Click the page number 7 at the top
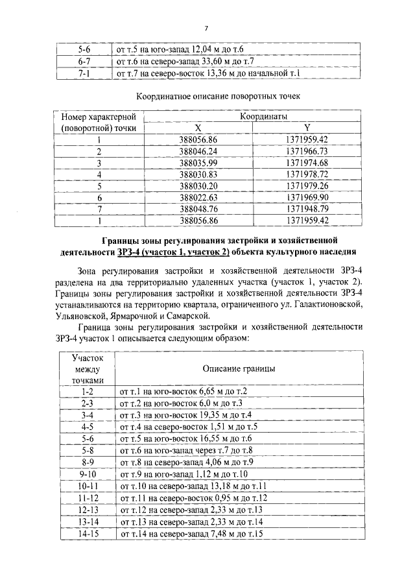point(206,28)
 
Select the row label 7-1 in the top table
point(84,74)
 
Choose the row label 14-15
point(88,534)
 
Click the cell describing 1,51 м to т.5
point(188,427)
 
